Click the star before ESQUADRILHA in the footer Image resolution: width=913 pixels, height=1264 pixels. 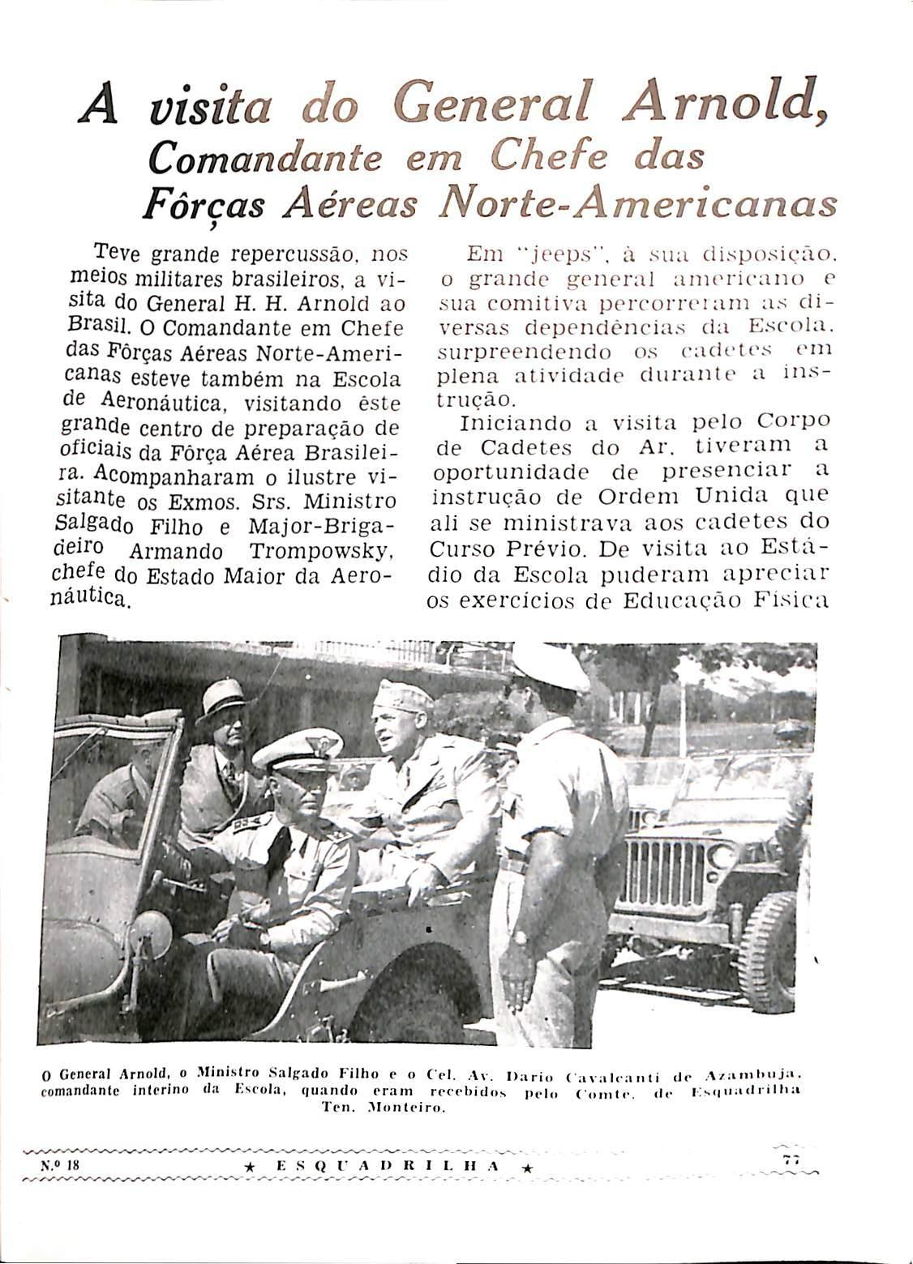251,1168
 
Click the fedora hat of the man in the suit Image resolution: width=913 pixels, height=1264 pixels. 222,698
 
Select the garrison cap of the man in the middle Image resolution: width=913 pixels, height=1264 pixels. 402,695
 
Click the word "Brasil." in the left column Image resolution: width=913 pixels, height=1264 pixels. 95,327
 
